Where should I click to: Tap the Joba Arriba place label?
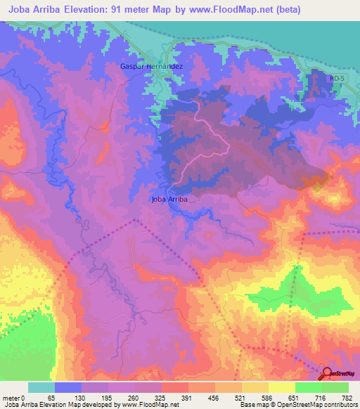tap(170, 199)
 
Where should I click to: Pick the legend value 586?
tap(266, 398)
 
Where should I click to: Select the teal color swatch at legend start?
tap(41, 387)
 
